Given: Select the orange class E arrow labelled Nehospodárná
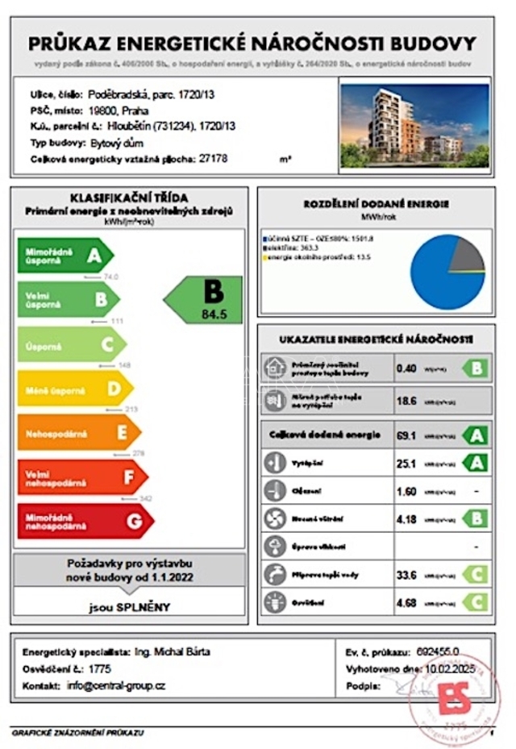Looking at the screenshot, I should coord(77,432).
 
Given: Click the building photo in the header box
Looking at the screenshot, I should coord(415,123).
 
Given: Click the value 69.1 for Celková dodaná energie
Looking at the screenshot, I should coord(406,435).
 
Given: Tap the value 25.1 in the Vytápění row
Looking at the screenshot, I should coord(406,464).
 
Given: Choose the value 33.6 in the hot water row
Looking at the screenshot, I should coord(406,574).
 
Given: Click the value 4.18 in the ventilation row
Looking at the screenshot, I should coord(406,518).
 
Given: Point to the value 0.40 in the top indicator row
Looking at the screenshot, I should coord(406,368).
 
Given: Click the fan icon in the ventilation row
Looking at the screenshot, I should coord(276,518).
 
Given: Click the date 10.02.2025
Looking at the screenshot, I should coord(454,669).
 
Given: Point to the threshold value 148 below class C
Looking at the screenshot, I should coord(123,364).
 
